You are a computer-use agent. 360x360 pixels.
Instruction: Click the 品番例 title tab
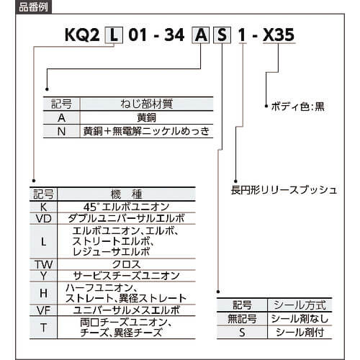click(x=33, y=7)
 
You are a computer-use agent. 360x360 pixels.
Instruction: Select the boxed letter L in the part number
click(x=114, y=35)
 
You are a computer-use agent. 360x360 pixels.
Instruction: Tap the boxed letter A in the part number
click(x=201, y=35)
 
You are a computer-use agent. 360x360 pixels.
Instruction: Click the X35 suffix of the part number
click(x=279, y=35)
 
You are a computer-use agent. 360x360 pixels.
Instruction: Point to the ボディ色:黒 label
click(x=297, y=107)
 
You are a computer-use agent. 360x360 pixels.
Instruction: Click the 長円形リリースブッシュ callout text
click(x=284, y=190)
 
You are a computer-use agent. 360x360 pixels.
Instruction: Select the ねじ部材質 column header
click(x=147, y=104)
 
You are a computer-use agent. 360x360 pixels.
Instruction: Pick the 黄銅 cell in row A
click(x=146, y=117)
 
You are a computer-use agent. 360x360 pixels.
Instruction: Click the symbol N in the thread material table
click(x=61, y=131)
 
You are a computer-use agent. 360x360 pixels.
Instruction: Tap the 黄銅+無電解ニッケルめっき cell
click(x=146, y=131)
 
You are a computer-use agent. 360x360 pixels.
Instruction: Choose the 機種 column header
click(x=127, y=194)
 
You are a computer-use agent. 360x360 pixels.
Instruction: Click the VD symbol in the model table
click(x=43, y=219)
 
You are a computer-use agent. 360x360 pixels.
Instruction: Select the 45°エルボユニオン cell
click(x=127, y=207)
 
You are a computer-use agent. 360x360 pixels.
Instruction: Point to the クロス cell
click(x=127, y=264)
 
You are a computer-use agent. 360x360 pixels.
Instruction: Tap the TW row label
click(x=43, y=265)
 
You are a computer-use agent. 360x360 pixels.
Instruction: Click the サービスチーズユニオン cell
click(x=127, y=276)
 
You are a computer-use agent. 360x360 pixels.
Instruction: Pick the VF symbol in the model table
click(x=43, y=310)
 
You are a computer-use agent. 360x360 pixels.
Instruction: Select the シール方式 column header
click(x=300, y=305)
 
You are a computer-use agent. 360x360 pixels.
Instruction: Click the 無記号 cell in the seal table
click(x=242, y=319)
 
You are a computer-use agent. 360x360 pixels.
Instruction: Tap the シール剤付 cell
click(x=300, y=333)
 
